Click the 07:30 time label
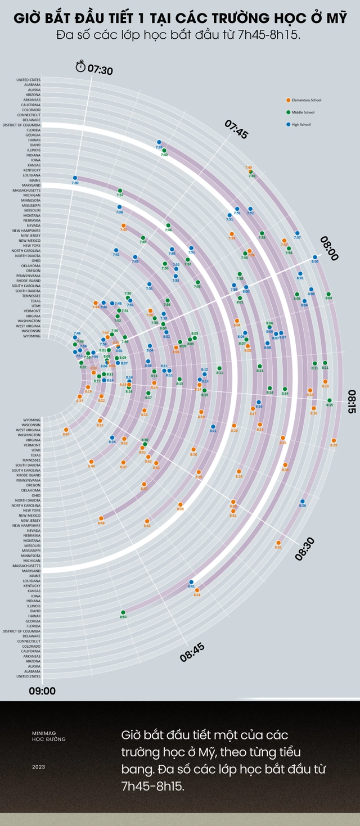click(100, 70)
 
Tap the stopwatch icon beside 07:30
click(81, 67)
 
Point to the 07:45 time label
click(236, 129)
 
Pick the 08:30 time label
click(305, 548)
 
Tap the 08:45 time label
click(192, 652)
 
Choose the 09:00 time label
click(42, 690)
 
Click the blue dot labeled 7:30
click(75, 178)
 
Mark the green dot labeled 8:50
click(123, 612)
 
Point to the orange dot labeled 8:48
click(101, 518)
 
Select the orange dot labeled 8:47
click(66, 430)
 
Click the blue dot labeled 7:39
click(159, 142)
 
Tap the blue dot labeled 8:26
click(303, 501)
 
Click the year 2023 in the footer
click(38, 766)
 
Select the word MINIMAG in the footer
click(43, 734)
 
